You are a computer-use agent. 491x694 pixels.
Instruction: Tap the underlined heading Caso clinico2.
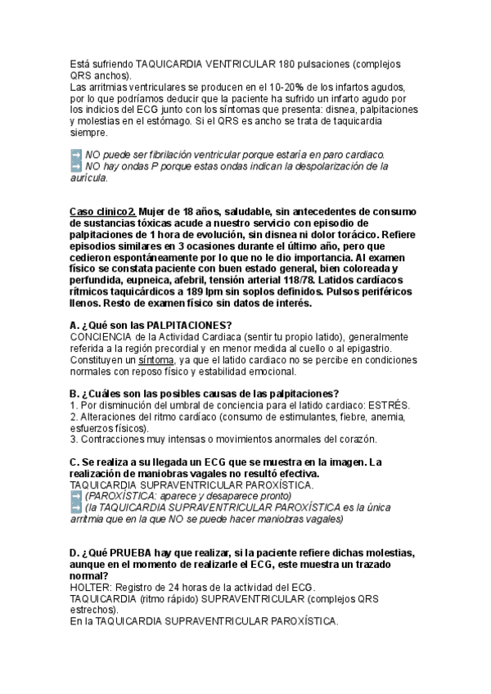102,211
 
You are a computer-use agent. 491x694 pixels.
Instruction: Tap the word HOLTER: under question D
92,587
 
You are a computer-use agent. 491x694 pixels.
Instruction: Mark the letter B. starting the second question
74,394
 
